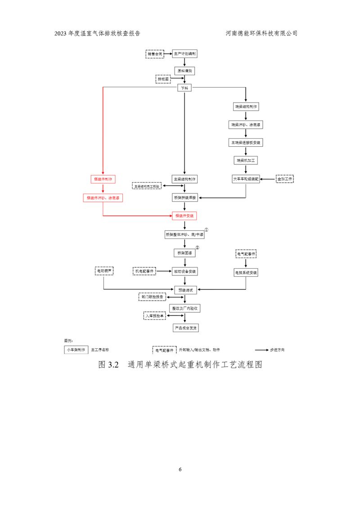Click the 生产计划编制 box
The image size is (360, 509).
click(x=184, y=54)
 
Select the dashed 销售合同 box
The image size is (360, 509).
click(x=155, y=54)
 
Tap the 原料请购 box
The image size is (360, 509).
click(x=184, y=71)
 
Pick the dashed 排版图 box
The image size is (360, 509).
click(x=163, y=79)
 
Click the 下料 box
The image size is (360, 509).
click(x=184, y=88)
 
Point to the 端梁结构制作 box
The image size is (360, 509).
click(x=246, y=107)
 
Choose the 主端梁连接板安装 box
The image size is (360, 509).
click(x=246, y=143)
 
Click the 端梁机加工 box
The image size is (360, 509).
click(x=246, y=160)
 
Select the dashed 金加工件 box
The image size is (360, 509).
click(x=284, y=179)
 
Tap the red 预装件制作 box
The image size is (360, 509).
click(x=103, y=179)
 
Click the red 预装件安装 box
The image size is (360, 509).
click(x=184, y=216)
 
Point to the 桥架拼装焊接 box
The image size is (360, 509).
click(x=184, y=198)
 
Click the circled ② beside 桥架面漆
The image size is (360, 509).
click(x=197, y=248)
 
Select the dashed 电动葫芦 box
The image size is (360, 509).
click(x=104, y=271)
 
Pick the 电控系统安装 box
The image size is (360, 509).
click(x=246, y=272)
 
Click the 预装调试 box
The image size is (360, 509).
click(x=184, y=290)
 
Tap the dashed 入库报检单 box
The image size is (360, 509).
click(x=155, y=316)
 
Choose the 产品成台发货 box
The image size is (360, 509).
click(x=184, y=328)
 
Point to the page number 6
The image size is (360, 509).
click(x=180, y=469)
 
